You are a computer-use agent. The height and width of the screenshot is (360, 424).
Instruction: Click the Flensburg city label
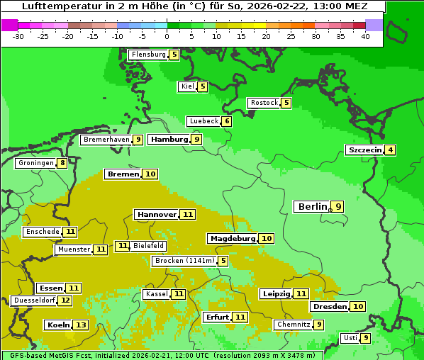pos(148,55)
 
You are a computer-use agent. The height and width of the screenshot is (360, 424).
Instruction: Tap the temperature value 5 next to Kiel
pos(202,86)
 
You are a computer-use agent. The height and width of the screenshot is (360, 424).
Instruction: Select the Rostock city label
pos(264,103)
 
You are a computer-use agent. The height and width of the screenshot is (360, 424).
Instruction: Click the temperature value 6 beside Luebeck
pos(226,121)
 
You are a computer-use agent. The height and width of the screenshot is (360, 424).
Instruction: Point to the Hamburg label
pos(169,140)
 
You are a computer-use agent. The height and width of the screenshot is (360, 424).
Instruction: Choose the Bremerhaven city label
pos(106,140)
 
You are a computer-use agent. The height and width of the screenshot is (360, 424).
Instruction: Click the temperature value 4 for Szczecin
pos(390,150)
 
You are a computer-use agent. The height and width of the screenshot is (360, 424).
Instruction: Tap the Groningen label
pos(35,163)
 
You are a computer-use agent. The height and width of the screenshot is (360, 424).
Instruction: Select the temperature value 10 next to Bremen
pos(150,174)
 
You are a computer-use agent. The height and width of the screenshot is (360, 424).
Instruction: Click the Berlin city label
pos(312,206)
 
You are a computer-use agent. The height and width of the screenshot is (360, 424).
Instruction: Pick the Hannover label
pos(156,214)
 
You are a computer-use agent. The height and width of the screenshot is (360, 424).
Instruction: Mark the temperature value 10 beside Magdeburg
pos(266,238)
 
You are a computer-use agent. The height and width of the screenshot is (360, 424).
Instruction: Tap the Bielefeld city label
pos(148,246)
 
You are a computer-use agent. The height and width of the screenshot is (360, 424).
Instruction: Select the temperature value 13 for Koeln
pos(81,325)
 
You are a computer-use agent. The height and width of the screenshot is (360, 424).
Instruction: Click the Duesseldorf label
pos(34,300)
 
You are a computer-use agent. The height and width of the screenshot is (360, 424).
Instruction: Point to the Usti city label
pos(350,338)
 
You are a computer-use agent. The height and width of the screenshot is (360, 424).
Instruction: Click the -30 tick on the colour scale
pos(18,36)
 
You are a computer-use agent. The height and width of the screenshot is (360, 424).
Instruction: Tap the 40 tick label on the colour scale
pos(365,36)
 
